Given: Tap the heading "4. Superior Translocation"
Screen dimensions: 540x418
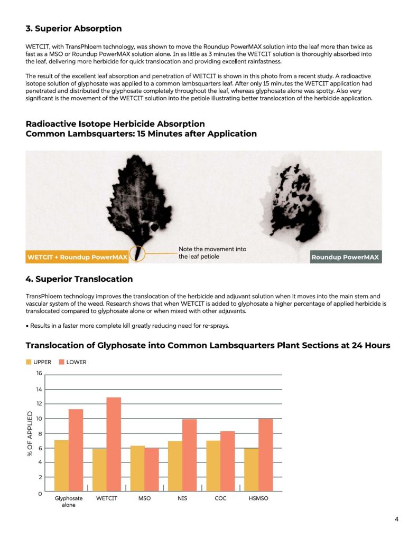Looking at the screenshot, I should point(79,279).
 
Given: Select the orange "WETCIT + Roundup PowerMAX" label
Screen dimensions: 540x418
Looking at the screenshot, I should point(77,258).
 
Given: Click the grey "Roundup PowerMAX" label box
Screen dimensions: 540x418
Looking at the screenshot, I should point(346,258).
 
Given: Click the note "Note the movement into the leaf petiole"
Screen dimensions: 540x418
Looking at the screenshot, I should point(212,253).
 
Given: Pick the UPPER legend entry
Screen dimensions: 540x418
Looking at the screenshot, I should point(39,362).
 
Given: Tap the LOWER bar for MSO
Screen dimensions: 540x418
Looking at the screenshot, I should point(152,470).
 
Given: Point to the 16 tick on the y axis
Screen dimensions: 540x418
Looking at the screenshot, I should point(39,374).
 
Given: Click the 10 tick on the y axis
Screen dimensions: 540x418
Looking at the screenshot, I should point(39,419).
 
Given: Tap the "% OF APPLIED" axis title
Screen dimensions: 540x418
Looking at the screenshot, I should point(30,433).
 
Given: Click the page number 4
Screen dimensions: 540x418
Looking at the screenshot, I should point(396,519).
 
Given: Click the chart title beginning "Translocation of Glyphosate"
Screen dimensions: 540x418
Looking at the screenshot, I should point(208,345).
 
